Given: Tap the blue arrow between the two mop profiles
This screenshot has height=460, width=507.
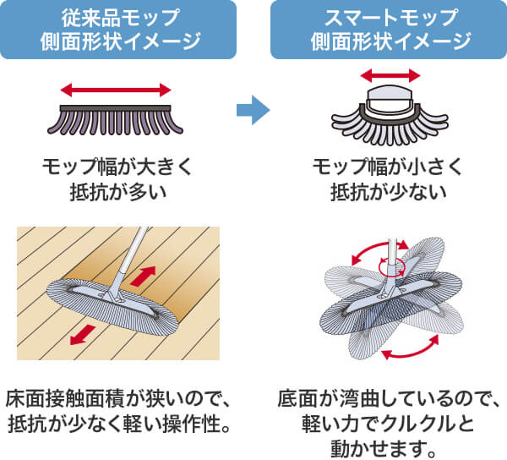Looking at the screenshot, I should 252,108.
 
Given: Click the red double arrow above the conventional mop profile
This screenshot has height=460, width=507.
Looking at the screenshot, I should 117,88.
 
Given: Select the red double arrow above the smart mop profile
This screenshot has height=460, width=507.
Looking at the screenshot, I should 390,75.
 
